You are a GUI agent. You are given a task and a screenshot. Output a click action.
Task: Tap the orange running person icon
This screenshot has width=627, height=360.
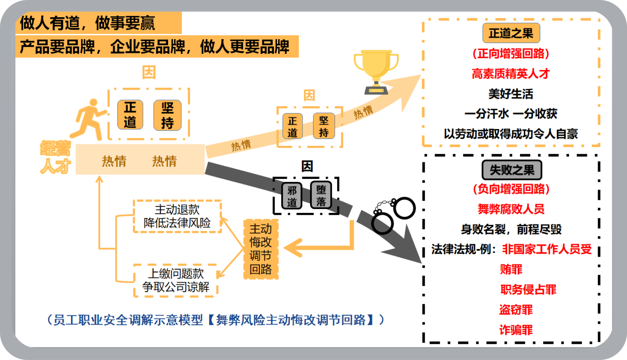(x=90, y=119)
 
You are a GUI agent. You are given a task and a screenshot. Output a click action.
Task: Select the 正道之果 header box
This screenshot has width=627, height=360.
(x=511, y=33)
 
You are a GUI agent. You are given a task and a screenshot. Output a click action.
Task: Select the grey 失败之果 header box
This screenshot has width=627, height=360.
(x=511, y=170)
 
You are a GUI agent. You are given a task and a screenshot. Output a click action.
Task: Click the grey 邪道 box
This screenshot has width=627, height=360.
(x=292, y=196)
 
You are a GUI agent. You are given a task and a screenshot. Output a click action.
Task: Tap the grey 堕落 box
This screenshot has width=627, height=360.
(x=321, y=195)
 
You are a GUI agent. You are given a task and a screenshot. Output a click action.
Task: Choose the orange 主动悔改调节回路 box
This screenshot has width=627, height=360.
(x=261, y=249)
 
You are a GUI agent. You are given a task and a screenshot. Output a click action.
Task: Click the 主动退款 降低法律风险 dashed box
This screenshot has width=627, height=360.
(x=177, y=216)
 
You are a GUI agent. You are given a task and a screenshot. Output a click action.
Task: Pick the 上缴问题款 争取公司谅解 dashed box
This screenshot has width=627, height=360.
(x=176, y=280)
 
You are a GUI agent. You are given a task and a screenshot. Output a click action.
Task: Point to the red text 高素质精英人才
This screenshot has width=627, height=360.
(x=511, y=74)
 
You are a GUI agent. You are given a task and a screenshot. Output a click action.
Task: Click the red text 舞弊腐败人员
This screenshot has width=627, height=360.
(x=511, y=209)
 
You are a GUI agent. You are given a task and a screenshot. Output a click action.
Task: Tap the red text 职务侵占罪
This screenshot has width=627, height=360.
(x=528, y=289)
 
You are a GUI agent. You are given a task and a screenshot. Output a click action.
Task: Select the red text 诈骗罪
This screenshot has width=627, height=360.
(x=516, y=330)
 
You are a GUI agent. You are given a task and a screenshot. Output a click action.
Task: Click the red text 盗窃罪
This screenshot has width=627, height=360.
(x=516, y=310)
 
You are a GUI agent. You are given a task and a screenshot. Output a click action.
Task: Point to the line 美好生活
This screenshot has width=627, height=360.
(x=511, y=94)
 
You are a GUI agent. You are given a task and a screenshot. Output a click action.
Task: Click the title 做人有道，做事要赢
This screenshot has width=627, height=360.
(x=88, y=23)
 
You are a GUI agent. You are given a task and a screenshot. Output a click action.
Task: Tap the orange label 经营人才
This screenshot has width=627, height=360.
(x=55, y=157)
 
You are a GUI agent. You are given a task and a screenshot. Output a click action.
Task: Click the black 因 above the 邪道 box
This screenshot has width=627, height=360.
(x=307, y=166)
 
